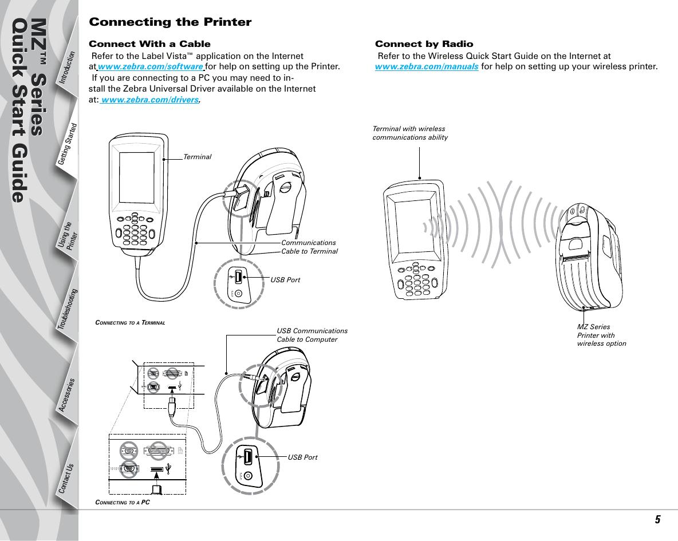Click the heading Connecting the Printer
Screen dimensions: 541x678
[170, 23]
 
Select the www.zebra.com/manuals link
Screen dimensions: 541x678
[427, 67]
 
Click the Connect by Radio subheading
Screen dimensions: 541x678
[424, 44]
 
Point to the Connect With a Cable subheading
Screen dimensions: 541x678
[149, 44]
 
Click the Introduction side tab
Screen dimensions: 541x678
[68, 69]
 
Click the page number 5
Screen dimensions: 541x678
[658, 520]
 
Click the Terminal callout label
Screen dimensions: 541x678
[198, 157]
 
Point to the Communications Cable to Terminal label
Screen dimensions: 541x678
[309, 247]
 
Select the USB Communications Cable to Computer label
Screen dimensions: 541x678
[312, 335]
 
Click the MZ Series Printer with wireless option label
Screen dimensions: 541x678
[601, 335]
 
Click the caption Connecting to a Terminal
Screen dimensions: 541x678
[130, 322]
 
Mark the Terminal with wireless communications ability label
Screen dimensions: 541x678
[409, 133]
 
